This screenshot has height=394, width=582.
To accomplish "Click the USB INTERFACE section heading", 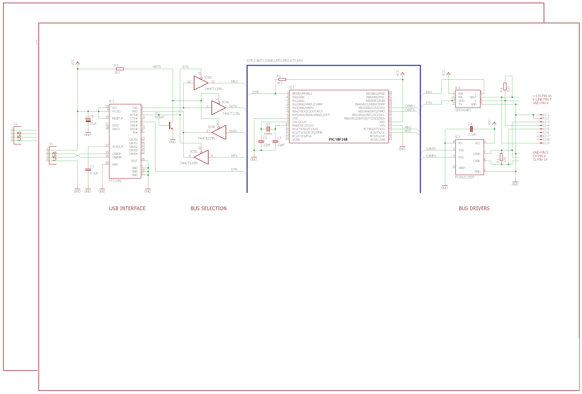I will pyautogui.click(x=127, y=208).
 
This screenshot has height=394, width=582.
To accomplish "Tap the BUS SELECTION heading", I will pyautogui.click(x=208, y=208).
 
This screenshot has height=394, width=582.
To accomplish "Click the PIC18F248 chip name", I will pyautogui.click(x=338, y=139).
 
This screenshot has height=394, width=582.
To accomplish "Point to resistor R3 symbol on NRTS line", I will pyautogui.click(x=120, y=69).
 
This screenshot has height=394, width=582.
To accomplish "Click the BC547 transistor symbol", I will pyautogui.click(x=171, y=125).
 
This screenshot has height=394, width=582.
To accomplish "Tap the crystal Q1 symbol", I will pyautogui.click(x=268, y=129).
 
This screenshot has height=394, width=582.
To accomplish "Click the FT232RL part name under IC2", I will pyautogui.click(x=115, y=181).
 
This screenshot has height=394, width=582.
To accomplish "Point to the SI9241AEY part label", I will pyautogui.click(x=463, y=110).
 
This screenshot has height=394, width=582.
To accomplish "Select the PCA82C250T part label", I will pyautogui.click(x=465, y=177).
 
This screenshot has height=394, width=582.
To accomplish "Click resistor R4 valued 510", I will pyautogui.click(x=505, y=86).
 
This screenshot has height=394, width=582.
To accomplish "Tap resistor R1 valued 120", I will pyautogui.click(x=501, y=157).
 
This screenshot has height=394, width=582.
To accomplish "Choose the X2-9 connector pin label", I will pyautogui.click(x=546, y=143).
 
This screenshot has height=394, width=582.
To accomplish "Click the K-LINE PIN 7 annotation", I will pyautogui.click(x=542, y=99).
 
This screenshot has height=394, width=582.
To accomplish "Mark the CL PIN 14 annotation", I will pyautogui.click(x=540, y=160).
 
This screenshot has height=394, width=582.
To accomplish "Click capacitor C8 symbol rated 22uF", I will pyautogui.click(x=88, y=120).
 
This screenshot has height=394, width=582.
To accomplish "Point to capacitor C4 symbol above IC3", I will pyautogui.click(x=471, y=129).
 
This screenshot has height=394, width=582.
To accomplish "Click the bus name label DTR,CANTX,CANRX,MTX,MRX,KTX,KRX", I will pyautogui.click(x=275, y=61).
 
